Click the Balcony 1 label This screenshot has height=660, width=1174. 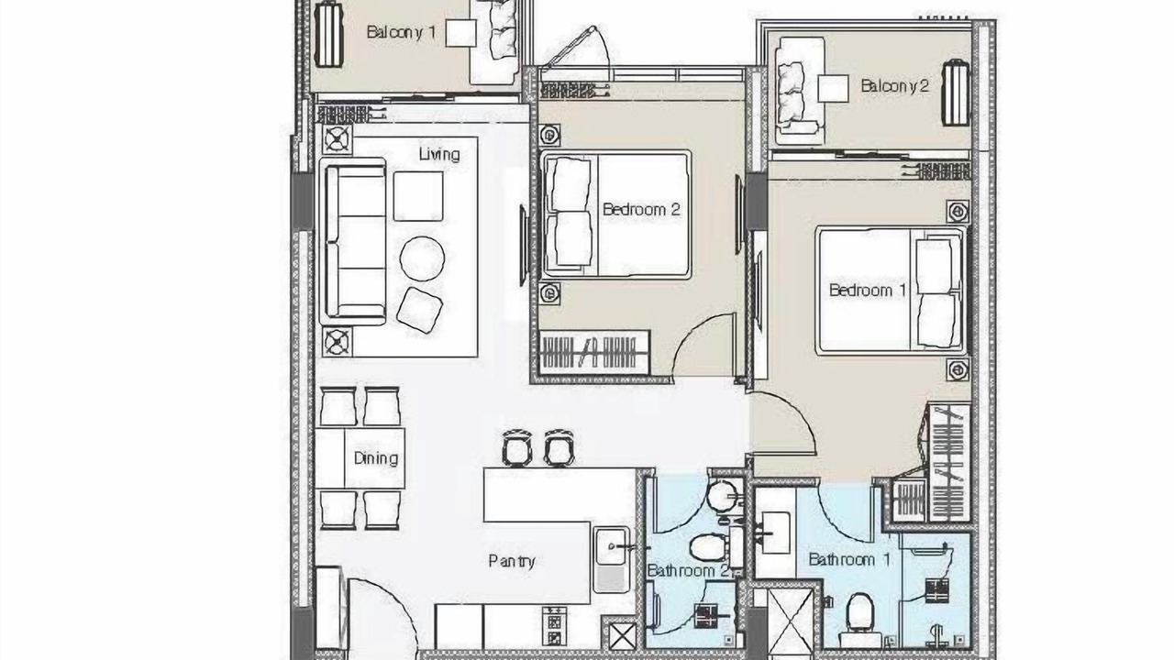click(401, 32)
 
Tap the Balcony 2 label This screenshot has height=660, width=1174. click(894, 86)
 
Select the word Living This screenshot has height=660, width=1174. click(439, 154)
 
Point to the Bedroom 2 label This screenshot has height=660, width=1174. click(641, 210)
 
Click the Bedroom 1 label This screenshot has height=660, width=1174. click(868, 291)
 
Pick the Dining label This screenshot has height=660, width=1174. click(376, 458)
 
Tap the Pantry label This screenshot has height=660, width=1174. click(512, 562)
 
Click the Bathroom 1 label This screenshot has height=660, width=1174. click(849, 559)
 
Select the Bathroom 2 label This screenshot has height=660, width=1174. click(688, 570)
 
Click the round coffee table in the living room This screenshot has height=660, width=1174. click(422, 258)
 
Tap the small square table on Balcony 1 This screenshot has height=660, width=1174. click(461, 33)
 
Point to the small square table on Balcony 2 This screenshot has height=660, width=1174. click(834, 89)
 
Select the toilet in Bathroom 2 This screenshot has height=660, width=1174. click(708, 547)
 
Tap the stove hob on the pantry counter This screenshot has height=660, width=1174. click(554, 626)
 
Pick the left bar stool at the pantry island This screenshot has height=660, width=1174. click(517, 448)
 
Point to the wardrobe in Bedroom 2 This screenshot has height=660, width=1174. click(594, 352)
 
